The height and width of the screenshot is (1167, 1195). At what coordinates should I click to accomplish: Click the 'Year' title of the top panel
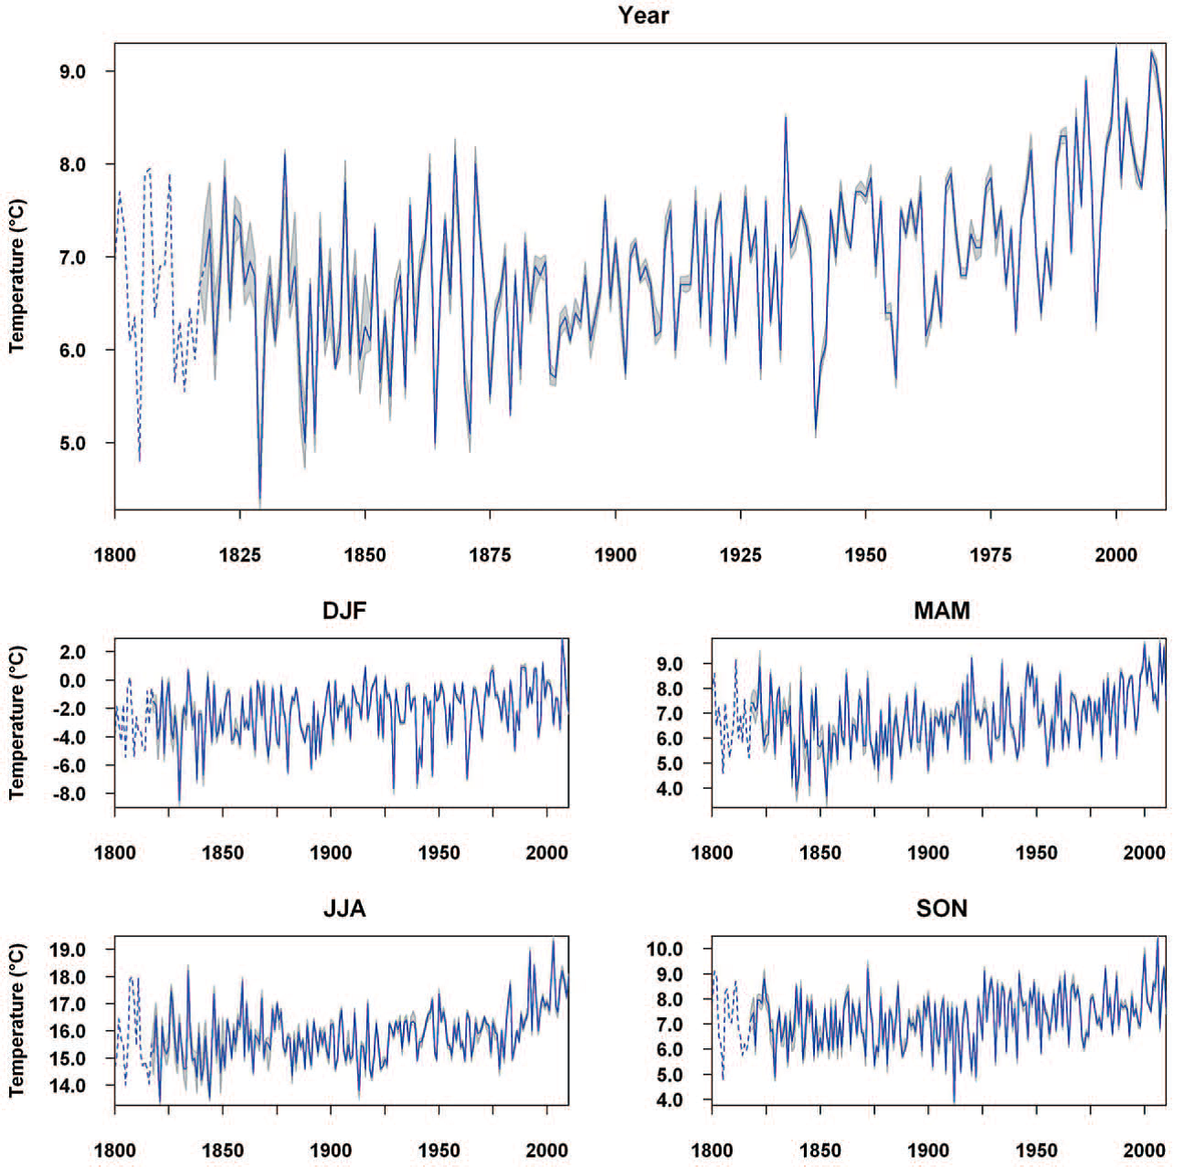pos(643,16)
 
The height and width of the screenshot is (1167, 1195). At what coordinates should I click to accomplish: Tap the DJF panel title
pos(344,611)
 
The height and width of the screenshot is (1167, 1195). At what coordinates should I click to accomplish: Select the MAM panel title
pos(941,611)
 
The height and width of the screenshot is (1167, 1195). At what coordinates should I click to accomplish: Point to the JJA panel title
pos(344,909)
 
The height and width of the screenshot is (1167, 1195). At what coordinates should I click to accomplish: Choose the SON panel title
pos(941,909)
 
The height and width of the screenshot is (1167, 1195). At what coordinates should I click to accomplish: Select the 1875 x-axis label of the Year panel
pos(490,554)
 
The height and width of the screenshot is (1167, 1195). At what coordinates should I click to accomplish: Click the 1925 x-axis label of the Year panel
pos(740,554)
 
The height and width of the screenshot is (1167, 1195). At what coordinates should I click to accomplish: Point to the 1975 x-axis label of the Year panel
pos(990,554)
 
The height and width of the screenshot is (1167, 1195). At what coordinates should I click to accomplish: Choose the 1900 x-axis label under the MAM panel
pos(928,853)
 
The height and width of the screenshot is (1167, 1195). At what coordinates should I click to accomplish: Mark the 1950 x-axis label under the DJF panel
pos(439,853)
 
